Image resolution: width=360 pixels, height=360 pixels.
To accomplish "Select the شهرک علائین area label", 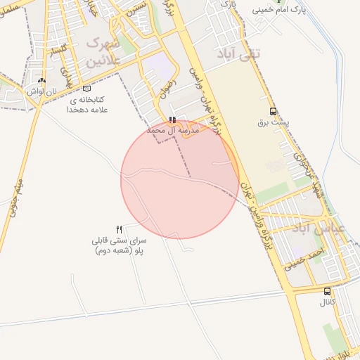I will coord(104,53).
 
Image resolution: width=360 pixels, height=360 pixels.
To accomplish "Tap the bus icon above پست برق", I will coord(273,111).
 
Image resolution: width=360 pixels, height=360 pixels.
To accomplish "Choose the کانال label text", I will coord(328,302).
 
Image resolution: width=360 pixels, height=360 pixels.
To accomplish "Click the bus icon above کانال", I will coord(328,291).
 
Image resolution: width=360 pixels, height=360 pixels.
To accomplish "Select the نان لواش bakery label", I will coord(41,91).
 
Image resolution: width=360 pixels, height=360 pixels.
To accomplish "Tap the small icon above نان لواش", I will coord(41,81).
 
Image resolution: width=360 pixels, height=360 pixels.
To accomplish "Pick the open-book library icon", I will coord(87,89).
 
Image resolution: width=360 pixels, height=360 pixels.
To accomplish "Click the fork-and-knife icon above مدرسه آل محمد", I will coord(173,120).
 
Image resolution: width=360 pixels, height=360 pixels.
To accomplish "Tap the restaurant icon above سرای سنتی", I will coord(119,229).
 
